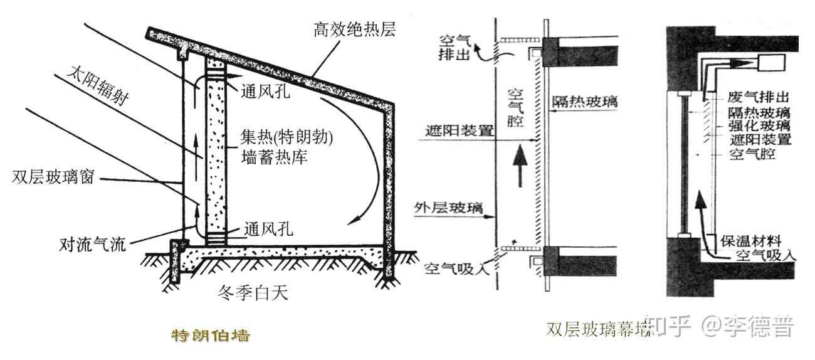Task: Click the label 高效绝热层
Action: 354,29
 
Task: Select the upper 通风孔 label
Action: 266,92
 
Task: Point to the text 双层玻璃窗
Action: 53,177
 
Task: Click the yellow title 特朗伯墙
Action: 211,335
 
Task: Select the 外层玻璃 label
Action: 448,208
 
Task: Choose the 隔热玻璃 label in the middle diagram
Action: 584,100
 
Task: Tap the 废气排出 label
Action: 757,98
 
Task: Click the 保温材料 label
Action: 750,240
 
